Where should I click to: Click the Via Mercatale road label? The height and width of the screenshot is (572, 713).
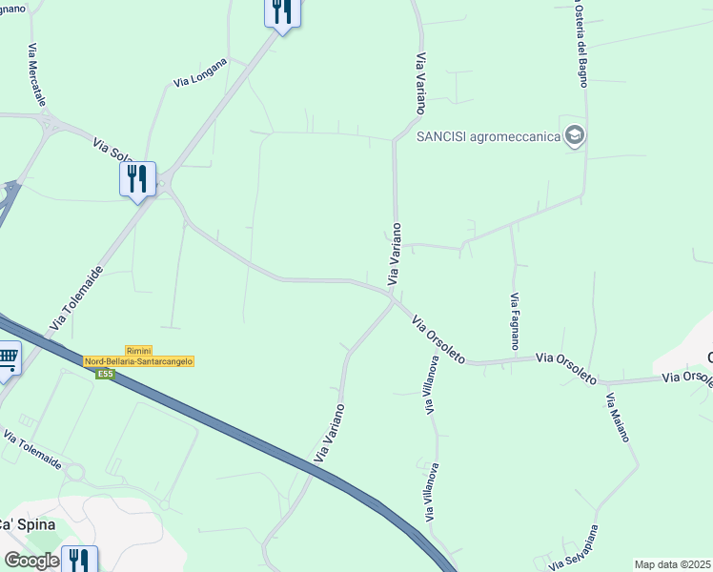tap(37, 74)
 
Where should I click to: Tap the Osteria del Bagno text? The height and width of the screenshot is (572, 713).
tap(581, 43)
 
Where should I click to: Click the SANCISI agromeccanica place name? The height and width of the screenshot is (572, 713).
tap(488, 136)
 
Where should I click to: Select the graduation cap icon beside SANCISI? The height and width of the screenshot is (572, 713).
tap(574, 136)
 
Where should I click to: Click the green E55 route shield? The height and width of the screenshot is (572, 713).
tap(105, 374)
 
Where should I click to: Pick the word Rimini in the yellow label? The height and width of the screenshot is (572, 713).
tap(139, 351)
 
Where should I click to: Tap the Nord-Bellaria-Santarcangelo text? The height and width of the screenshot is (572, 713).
tap(139, 362)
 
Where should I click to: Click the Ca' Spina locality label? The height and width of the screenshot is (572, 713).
tap(26, 525)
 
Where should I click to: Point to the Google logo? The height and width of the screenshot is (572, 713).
tap(31, 561)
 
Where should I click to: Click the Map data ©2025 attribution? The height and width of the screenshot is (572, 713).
tap(673, 564)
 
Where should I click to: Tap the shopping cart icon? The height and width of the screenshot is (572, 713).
tap(8, 360)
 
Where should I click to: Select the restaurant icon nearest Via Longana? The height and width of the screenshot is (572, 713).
tap(282, 11)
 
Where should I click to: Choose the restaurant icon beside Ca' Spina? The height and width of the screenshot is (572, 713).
tap(79, 561)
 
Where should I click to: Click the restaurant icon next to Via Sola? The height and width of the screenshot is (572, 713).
tap(137, 178)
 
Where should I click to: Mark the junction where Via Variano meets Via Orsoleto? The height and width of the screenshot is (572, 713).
tap(394, 299)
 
